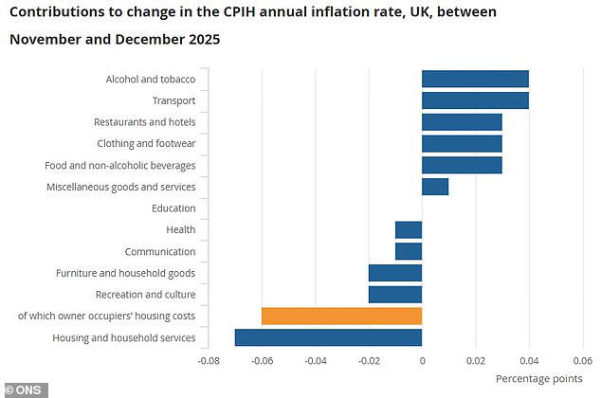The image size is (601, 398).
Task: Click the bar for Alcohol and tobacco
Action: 475,79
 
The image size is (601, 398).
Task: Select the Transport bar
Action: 475,100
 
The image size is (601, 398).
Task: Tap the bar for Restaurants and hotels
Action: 462,122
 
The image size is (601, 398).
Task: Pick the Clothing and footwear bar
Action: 462,144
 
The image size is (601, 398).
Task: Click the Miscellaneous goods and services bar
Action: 435,187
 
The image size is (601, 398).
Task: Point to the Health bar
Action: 409,229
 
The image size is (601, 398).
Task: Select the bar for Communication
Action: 409,251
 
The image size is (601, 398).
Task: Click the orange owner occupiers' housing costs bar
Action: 341,316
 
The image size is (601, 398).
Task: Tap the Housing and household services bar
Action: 328,337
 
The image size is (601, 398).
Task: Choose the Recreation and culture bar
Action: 395,295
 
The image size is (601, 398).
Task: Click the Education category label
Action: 173,208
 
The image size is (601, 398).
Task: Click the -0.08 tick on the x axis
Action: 209,360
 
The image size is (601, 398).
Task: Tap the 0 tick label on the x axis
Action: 422,360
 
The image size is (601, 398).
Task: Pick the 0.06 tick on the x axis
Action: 582,360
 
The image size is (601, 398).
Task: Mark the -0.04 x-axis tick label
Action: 316,360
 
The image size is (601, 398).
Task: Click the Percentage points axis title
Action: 539,378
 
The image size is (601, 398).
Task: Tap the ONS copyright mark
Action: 25,389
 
